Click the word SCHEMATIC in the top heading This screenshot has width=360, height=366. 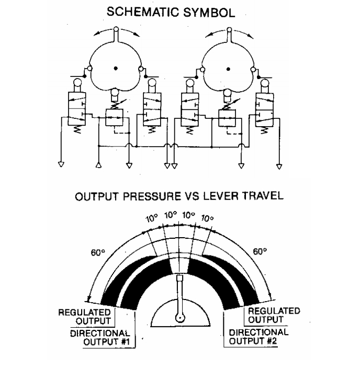coord(142,12)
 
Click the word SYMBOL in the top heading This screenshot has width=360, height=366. coord(209,13)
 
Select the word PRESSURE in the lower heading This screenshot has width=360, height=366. coord(152,196)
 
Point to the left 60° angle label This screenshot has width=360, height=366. coord(98,252)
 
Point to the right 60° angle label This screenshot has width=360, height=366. coord(260,252)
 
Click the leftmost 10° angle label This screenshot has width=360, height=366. coord(152,219)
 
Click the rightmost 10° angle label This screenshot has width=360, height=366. coord(207,219)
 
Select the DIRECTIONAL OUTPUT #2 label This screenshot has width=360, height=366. coord(258,336)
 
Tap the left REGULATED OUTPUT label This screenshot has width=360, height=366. coord(84,316)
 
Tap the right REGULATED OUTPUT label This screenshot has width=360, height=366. coord(274,315)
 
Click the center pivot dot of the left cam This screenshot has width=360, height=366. coord(116,69)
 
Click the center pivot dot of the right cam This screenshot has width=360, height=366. coord(229,69)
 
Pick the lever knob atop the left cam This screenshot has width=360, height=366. coord(116,29)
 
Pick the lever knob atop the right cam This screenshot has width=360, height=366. coord(229,30)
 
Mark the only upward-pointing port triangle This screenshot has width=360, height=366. coord(99,165)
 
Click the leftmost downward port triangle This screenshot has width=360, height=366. coord(61,164)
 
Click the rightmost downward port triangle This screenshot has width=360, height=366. coord(279,167)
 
